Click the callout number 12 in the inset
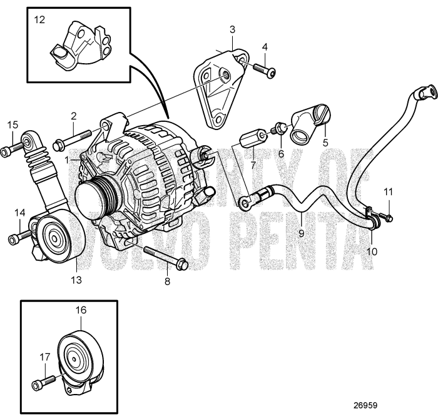tap(39, 20)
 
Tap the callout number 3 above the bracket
tap(232, 29)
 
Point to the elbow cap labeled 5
tap(308, 123)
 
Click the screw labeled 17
tap(43, 380)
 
